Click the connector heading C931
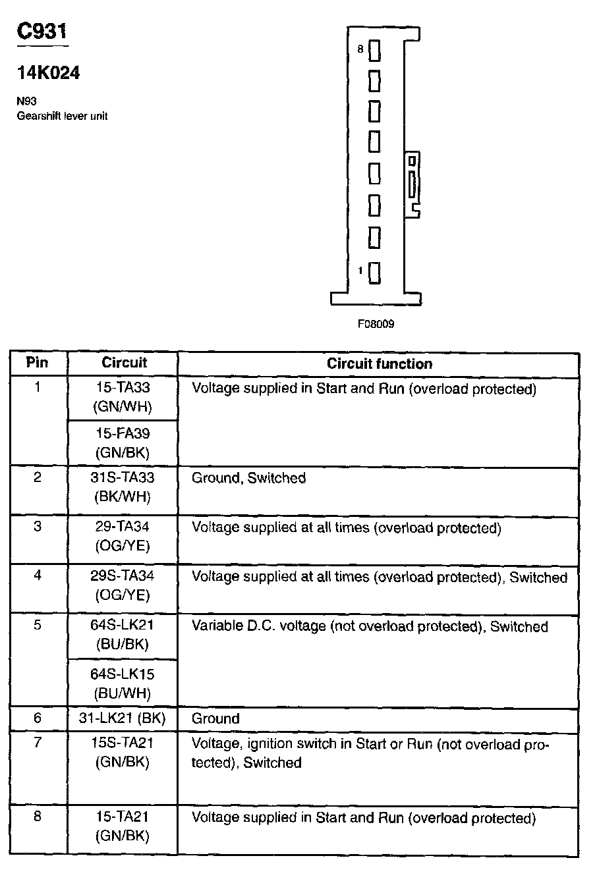click(x=42, y=32)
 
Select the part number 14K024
click(x=49, y=73)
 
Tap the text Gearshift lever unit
click(x=62, y=117)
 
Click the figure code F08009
click(x=376, y=325)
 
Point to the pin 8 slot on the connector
click(x=374, y=50)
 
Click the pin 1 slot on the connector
click(x=374, y=272)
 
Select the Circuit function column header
click(x=380, y=363)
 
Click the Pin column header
click(x=37, y=362)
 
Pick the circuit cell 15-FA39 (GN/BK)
click(x=123, y=443)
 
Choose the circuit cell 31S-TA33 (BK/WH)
click(x=123, y=487)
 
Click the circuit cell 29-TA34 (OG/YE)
click(x=123, y=537)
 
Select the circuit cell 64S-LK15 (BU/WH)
click(x=123, y=684)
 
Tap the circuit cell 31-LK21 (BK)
click(x=123, y=718)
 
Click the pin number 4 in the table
click(x=38, y=576)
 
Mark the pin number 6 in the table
click(x=38, y=718)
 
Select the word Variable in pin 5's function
click(x=214, y=626)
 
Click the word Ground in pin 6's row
click(x=215, y=718)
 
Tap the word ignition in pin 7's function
click(x=273, y=744)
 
